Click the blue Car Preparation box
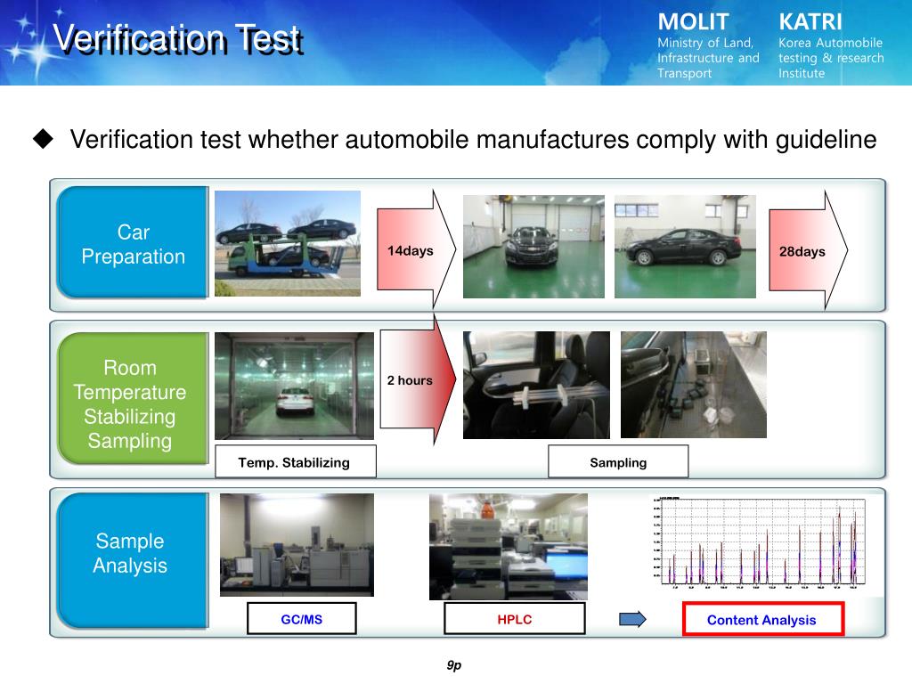pos(133,243)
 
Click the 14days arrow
pos(414,250)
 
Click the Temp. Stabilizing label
pos(295,462)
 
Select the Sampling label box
pos(618,462)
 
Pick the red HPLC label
pos(515,619)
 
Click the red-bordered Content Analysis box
pos(761,620)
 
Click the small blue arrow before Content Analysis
pos(632,619)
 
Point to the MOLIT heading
pos(693,21)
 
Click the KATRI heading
pos(810,21)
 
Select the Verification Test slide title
pos(175,37)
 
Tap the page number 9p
pos(454,664)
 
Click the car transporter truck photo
pos(287,243)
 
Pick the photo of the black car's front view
pos(533,246)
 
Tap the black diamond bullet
pos(43,139)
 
